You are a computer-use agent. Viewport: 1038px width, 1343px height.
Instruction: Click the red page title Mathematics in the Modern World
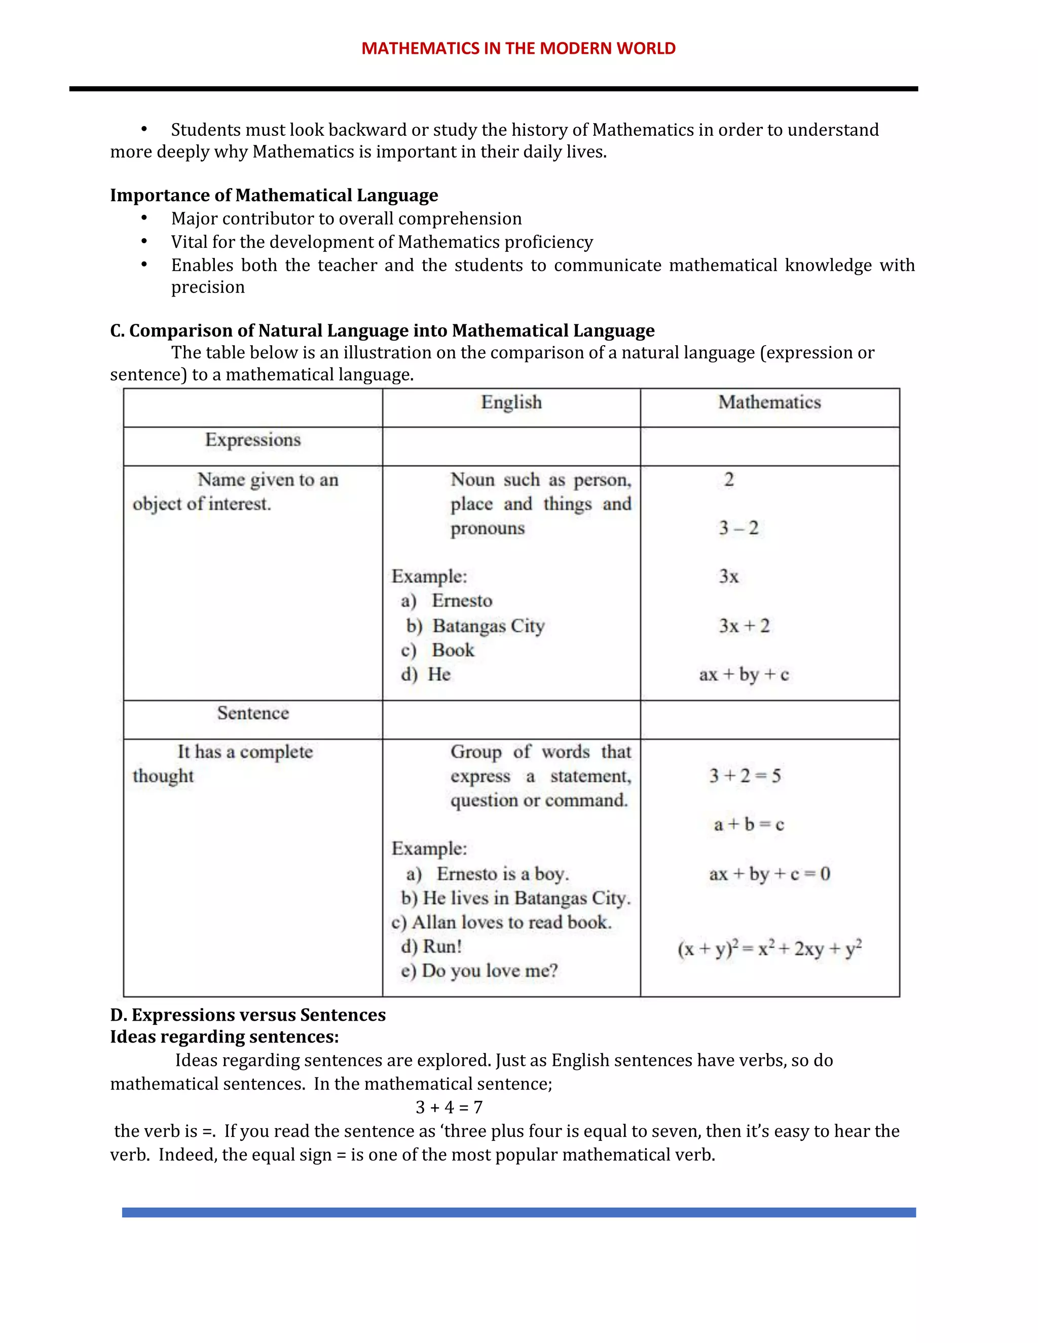point(518,49)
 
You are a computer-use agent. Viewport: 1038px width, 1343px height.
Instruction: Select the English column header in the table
point(511,402)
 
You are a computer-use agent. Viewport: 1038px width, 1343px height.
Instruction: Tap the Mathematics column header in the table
point(769,402)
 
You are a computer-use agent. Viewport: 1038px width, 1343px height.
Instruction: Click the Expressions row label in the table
point(253,440)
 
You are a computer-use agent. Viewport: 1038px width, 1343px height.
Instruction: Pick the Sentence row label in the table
point(253,714)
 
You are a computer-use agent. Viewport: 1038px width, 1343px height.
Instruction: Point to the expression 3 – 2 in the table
point(738,528)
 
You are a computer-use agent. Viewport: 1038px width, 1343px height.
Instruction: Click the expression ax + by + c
point(744,675)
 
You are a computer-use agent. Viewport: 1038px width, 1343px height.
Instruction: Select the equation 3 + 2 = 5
point(745,776)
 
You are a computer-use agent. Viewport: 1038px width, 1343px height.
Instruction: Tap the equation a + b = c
point(749,825)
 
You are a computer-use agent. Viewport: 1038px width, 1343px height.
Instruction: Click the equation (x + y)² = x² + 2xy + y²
point(769,949)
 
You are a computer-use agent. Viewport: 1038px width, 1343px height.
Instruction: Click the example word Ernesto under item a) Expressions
point(462,601)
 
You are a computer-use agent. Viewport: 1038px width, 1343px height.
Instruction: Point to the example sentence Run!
point(441,946)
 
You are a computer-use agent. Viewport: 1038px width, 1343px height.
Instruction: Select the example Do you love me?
point(490,971)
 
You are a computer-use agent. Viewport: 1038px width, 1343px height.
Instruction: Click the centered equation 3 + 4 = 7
point(449,1107)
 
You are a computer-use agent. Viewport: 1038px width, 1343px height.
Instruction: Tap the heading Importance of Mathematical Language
point(274,196)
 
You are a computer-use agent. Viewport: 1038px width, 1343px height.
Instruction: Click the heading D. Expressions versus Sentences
point(248,1015)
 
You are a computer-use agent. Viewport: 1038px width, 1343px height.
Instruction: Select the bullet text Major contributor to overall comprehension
point(346,219)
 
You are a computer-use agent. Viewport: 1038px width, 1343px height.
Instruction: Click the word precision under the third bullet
point(208,287)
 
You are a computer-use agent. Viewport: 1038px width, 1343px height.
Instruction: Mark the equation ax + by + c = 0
point(769,874)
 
